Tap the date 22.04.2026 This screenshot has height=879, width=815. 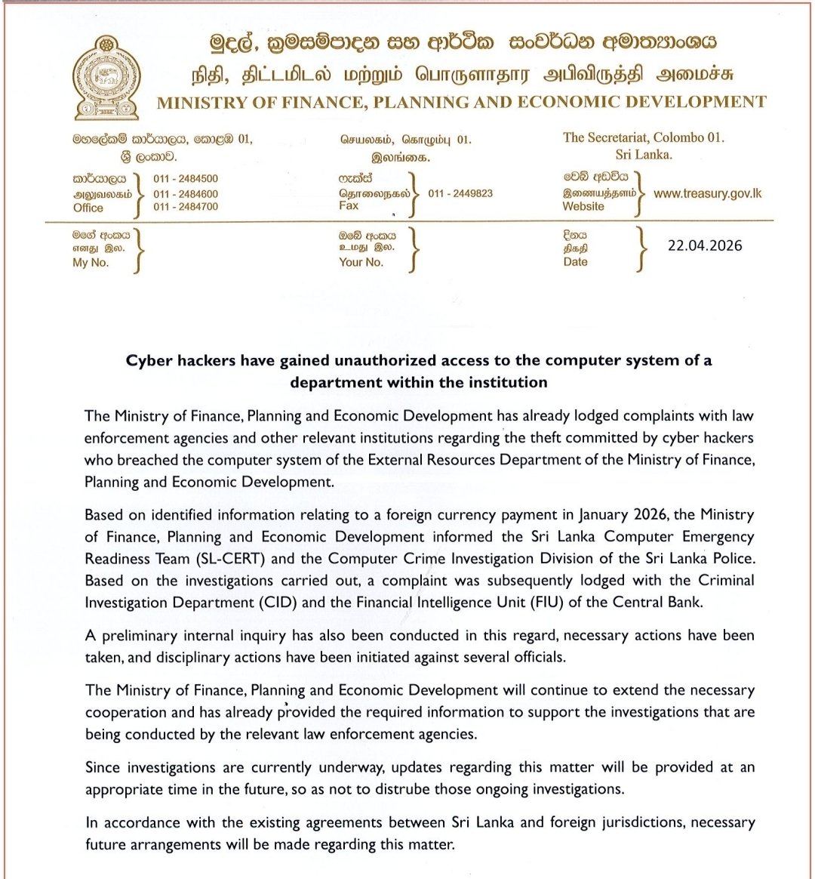(705, 245)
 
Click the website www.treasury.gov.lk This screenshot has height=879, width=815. (707, 193)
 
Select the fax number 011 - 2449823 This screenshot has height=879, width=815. (460, 193)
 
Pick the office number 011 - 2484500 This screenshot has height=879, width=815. (186, 179)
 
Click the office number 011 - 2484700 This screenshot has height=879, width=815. (186, 206)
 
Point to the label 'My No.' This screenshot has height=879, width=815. (91, 263)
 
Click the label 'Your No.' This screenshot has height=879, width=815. (361, 262)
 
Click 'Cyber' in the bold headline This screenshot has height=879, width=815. (149, 360)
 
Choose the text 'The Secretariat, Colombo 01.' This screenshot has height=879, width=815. (644, 137)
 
